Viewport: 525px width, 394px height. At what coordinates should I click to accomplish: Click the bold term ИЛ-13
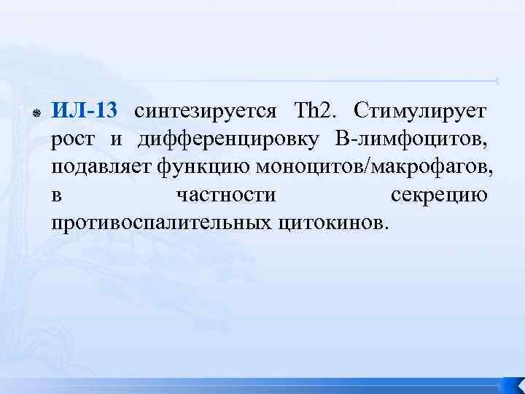pyautogui.click(x=84, y=112)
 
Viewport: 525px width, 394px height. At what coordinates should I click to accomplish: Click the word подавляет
pyautogui.click(x=101, y=168)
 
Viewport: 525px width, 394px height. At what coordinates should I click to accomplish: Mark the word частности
pyautogui.click(x=226, y=196)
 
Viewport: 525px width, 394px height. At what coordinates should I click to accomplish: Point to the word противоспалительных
pyautogui.click(x=163, y=223)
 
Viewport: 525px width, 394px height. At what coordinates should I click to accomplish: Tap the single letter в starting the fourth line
pyautogui.click(x=56, y=196)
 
